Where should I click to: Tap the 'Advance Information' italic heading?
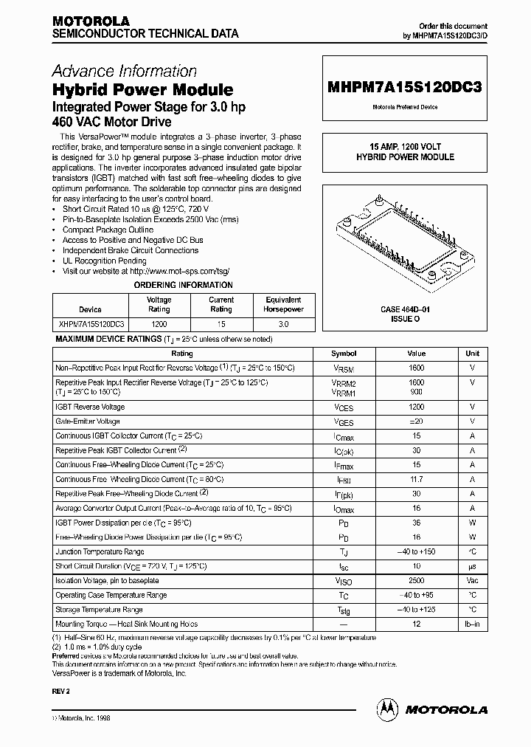click(x=124, y=72)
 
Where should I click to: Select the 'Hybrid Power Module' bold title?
click(x=142, y=90)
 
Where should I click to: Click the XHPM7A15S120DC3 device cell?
click(x=90, y=325)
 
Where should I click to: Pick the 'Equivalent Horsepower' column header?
click(x=283, y=305)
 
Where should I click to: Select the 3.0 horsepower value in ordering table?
click(x=283, y=325)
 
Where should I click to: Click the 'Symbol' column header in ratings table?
click(x=344, y=354)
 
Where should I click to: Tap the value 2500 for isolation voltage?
click(x=416, y=582)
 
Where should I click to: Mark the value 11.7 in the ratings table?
click(x=416, y=480)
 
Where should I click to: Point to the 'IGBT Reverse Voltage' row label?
click(x=90, y=407)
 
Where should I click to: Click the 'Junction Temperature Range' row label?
click(x=100, y=552)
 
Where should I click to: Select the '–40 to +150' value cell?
click(x=416, y=552)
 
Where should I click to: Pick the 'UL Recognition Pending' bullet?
click(x=104, y=261)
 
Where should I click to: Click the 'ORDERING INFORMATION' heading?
click(x=183, y=285)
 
